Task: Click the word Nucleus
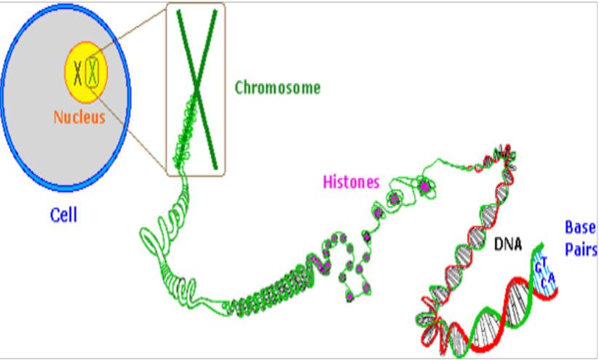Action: (79, 116)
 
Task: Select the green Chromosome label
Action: (277, 89)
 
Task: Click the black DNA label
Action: (508, 245)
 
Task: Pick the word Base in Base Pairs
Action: (581, 228)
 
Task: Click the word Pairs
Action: (582, 251)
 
